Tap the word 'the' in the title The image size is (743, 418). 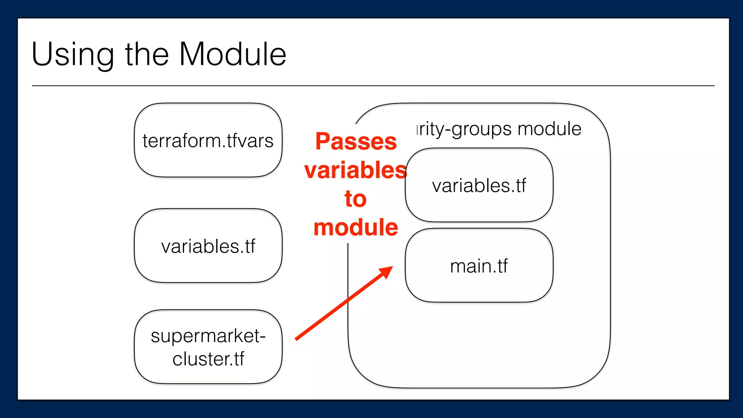click(147, 54)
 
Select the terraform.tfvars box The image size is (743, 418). click(208, 140)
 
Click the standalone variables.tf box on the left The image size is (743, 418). click(208, 246)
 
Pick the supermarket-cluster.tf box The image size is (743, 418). click(208, 347)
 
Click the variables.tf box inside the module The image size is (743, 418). click(479, 185)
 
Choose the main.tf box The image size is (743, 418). click(479, 266)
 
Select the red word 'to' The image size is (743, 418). click(356, 199)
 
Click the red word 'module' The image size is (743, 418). click(356, 228)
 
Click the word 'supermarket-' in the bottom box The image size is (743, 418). click(208, 336)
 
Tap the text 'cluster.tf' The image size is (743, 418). click(208, 359)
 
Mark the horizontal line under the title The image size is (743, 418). click(373, 86)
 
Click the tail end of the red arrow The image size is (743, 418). click(297, 339)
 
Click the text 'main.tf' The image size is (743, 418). click(479, 266)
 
